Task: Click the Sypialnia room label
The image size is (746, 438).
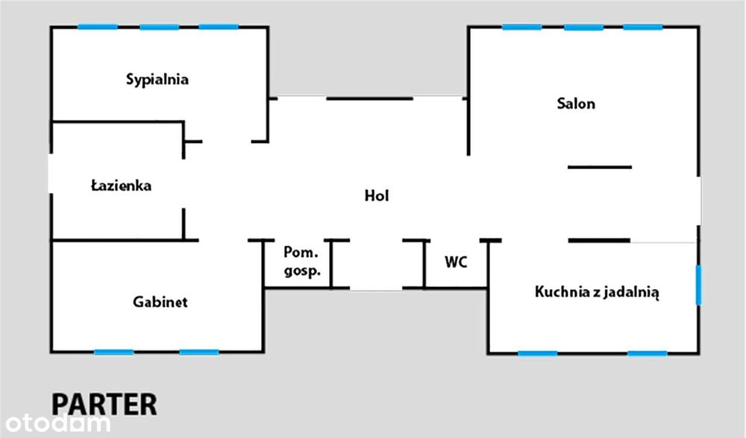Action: pyautogui.click(x=157, y=80)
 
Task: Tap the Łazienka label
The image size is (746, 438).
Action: pyautogui.click(x=122, y=185)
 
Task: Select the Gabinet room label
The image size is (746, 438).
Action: pyautogui.click(x=160, y=302)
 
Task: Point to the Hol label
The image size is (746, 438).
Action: pyautogui.click(x=376, y=195)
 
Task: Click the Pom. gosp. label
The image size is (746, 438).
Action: pyautogui.click(x=301, y=261)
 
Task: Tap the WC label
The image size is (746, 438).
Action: pyautogui.click(x=456, y=261)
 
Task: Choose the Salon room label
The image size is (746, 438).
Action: pyautogui.click(x=576, y=103)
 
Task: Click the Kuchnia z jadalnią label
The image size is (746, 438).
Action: pyautogui.click(x=597, y=292)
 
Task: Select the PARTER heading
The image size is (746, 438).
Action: pyautogui.click(x=104, y=404)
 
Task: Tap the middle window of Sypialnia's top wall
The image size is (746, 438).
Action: pyautogui.click(x=160, y=27)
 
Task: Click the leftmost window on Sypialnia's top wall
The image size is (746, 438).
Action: pyautogui.click(x=98, y=27)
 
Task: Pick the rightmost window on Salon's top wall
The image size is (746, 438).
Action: pyautogui.click(x=643, y=27)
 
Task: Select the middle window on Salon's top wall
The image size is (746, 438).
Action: pyautogui.click(x=584, y=27)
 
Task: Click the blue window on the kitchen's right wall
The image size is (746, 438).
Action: pyautogui.click(x=698, y=285)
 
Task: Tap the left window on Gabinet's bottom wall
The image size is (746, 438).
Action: pyautogui.click(x=113, y=352)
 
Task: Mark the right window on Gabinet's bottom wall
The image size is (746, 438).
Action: pyautogui.click(x=199, y=352)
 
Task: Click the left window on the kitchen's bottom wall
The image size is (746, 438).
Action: pyautogui.click(x=538, y=353)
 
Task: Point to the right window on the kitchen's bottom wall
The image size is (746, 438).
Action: pyautogui.click(x=647, y=353)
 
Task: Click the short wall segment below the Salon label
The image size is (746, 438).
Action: pyautogui.click(x=600, y=167)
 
